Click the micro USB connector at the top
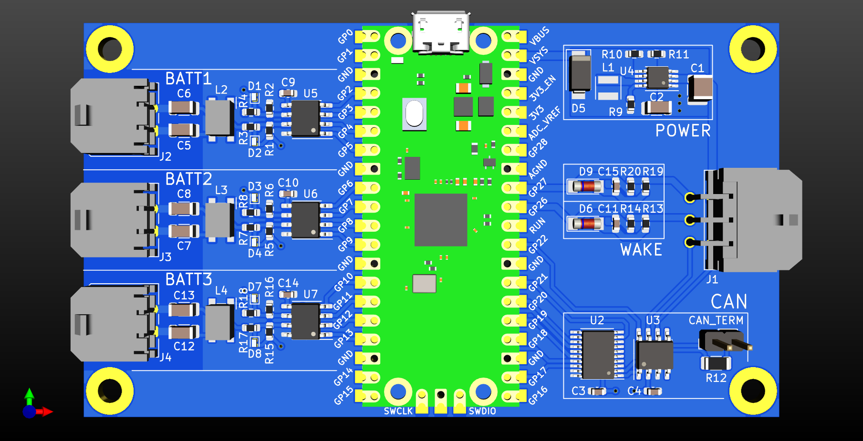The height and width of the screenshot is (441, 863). click(441, 32)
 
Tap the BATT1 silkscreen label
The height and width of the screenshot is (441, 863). click(188, 79)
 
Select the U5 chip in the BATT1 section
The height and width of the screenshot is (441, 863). click(305, 118)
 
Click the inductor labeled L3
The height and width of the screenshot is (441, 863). click(219, 220)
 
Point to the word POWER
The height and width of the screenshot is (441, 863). click(683, 131)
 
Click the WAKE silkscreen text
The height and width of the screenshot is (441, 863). click(641, 250)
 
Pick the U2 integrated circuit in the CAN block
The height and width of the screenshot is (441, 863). click(598, 354)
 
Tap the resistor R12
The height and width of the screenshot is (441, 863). click(716, 363)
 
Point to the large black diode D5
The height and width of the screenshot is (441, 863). click(580, 73)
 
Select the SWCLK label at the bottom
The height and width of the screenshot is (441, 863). click(398, 411)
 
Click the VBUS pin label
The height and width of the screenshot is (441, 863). click(539, 36)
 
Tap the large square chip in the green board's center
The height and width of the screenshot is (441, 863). click(440, 220)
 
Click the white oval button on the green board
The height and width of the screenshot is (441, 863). click(414, 114)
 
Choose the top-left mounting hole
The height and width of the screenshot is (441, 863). click(110, 49)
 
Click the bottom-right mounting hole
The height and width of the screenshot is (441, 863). click(753, 390)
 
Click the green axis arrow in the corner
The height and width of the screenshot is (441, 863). click(30, 395)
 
